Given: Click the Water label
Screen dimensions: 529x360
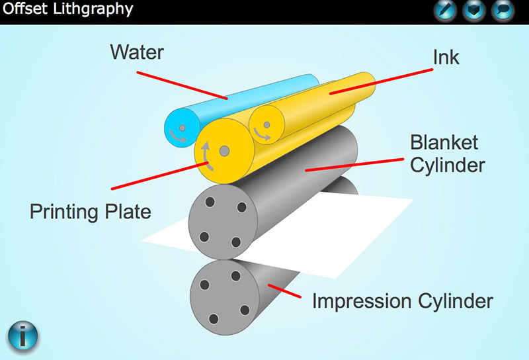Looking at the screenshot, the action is pyautogui.click(x=137, y=52).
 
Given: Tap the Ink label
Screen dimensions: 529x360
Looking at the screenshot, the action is pyautogui.click(x=446, y=58).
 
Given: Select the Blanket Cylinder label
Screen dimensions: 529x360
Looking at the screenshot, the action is pyautogui.click(x=448, y=154).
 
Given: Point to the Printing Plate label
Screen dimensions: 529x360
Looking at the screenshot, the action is pyautogui.click(x=91, y=212).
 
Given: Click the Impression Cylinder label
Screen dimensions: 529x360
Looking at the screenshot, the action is pyautogui.click(x=403, y=301).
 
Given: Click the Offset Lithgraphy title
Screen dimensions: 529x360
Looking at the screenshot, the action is pyautogui.click(x=68, y=9).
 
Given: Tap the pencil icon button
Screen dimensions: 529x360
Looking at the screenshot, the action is pyautogui.click(x=445, y=11).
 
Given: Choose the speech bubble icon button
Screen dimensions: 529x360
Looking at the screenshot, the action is pyautogui.click(x=503, y=11).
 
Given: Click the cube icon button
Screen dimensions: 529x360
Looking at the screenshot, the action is pyautogui.click(x=474, y=11).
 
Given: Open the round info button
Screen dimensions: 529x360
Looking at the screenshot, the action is pyautogui.click(x=22, y=336).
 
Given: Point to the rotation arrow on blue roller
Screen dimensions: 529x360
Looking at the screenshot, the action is pyautogui.click(x=177, y=137).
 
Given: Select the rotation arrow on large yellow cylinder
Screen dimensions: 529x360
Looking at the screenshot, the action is pyautogui.click(x=207, y=156).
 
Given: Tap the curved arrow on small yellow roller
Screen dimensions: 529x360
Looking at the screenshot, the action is pyautogui.click(x=261, y=135).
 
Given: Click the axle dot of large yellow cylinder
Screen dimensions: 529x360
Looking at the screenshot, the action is pyautogui.click(x=224, y=151).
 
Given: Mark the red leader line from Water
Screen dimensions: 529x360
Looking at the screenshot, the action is pyautogui.click(x=183, y=85).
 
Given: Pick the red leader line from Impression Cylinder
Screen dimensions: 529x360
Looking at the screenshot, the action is pyautogui.click(x=285, y=291).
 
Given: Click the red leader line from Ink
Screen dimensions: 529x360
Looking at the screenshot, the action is pyautogui.click(x=382, y=81).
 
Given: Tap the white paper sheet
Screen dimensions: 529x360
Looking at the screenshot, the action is pyautogui.click(x=304, y=236).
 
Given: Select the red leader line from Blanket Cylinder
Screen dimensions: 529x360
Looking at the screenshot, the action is pyautogui.click(x=354, y=165).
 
